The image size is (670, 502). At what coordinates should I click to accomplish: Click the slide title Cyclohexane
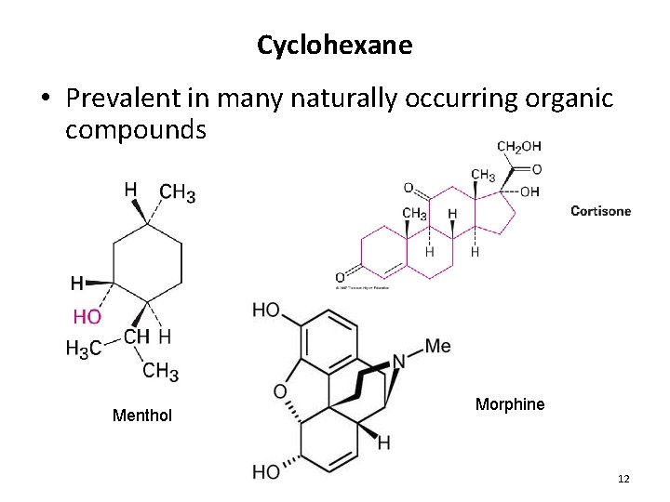[x=334, y=45]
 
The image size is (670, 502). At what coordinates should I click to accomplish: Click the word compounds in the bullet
[x=135, y=129]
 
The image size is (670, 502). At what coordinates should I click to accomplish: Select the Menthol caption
[x=141, y=416]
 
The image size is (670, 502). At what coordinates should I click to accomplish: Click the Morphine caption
[x=510, y=404]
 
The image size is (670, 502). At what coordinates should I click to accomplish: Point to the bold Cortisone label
[x=600, y=211]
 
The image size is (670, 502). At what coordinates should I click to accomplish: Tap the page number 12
[x=623, y=479]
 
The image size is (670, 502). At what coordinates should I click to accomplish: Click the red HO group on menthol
[x=87, y=317]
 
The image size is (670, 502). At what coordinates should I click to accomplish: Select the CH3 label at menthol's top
[x=177, y=193]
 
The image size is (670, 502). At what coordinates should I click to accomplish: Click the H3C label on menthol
[x=83, y=348]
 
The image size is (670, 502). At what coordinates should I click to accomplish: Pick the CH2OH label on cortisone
[x=519, y=147]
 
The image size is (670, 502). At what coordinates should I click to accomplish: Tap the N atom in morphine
[x=397, y=361]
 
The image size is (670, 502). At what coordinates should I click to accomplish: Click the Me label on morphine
[x=436, y=347]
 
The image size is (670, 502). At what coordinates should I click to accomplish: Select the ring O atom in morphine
[x=280, y=391]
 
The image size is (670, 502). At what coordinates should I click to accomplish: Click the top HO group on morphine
[x=266, y=310]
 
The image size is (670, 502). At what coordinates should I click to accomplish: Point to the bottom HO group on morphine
[x=266, y=472]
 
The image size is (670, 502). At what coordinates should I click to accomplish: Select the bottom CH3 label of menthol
[x=160, y=371]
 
